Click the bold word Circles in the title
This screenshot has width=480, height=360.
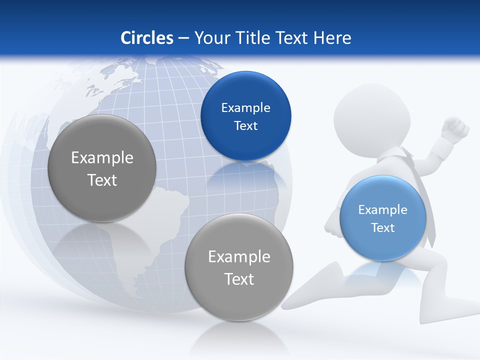click(146, 38)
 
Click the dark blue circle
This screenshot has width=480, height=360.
click(245, 116)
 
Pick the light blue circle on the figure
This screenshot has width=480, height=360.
click(382, 218)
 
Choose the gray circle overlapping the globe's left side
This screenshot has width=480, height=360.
click(102, 168)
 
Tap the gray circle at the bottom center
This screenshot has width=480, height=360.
click(239, 267)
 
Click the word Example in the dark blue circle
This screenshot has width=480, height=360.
click(245, 107)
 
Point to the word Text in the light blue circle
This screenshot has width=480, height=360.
click(383, 227)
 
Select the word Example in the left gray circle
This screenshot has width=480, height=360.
click(102, 157)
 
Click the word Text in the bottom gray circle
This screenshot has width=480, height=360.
click(239, 279)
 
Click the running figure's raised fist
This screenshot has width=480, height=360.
click(456, 128)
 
